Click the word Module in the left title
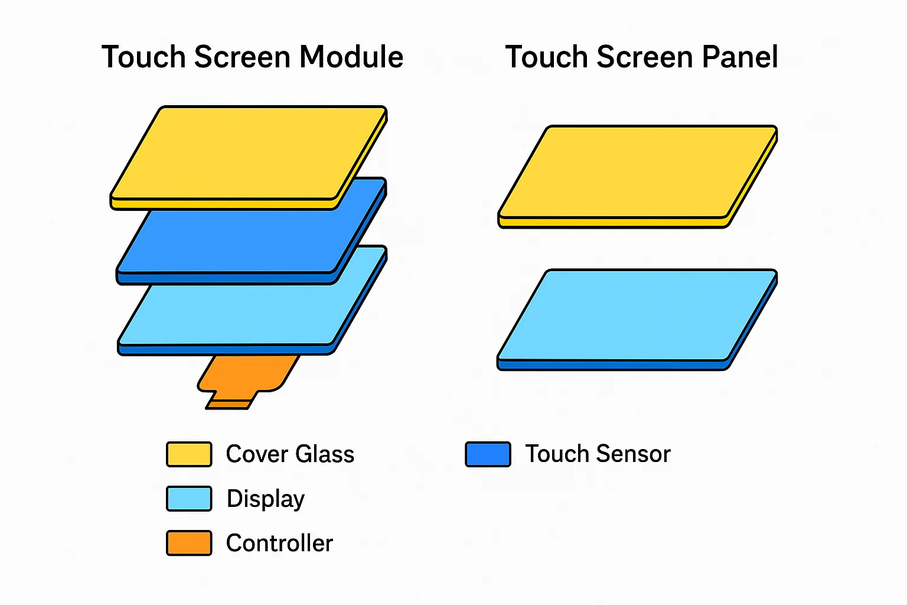click(x=351, y=57)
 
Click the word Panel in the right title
click(x=740, y=57)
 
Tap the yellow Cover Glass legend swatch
click(x=189, y=454)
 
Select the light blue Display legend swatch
click(x=189, y=499)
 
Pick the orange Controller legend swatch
click(x=189, y=543)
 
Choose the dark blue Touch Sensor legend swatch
click(x=488, y=454)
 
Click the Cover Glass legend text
click(x=290, y=454)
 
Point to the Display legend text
click(x=266, y=499)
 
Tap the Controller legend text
click(x=279, y=543)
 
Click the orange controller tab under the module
click(x=247, y=379)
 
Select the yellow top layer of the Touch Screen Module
click(x=248, y=156)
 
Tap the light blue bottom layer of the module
click(x=239, y=314)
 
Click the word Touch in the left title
click(x=143, y=57)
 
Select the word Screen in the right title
click(x=645, y=57)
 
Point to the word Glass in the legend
click(x=325, y=454)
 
